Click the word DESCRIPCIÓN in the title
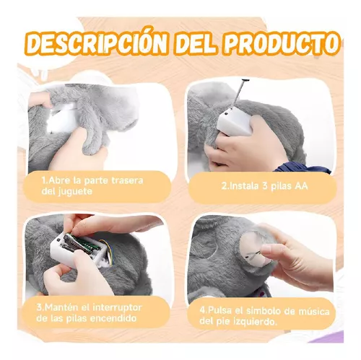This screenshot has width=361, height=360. click(x=97, y=45)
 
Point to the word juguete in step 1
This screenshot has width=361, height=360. click(x=75, y=192)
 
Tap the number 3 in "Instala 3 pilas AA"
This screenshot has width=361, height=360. click(x=265, y=186)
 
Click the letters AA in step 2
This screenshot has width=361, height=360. click(x=301, y=186)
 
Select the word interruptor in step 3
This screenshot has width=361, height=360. click(x=117, y=307)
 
